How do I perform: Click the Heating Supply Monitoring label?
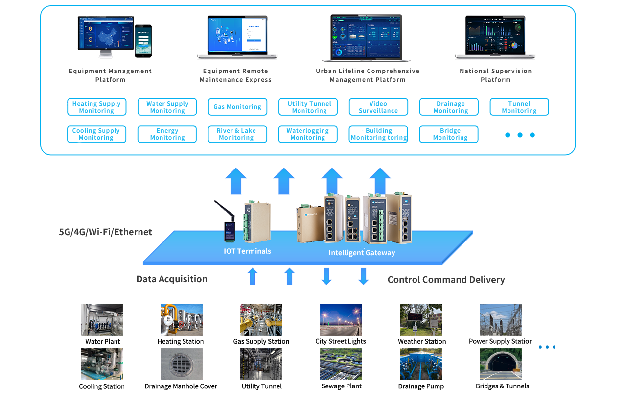click(96, 107)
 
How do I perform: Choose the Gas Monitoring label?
click(238, 107)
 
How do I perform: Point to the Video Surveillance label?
click(378, 107)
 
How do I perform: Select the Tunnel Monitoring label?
click(519, 107)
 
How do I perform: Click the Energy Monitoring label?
click(167, 134)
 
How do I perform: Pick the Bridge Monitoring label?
click(450, 134)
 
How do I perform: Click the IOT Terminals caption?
click(247, 251)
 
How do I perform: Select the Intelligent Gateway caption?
click(362, 253)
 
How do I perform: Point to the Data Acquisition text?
click(172, 279)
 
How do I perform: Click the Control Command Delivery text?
click(446, 280)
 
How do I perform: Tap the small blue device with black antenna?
click(229, 230)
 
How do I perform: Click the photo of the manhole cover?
click(181, 364)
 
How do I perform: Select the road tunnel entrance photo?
click(500, 364)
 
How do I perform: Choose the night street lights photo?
click(341, 319)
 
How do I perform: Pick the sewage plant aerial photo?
click(341, 364)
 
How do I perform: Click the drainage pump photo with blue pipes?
click(420, 364)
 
